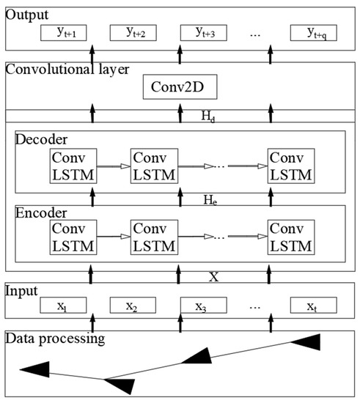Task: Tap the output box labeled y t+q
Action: coord(312,33)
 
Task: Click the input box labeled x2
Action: coord(133,305)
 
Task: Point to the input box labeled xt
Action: coord(313,305)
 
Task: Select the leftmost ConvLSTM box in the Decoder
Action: coord(72,166)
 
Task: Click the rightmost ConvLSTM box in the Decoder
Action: coord(290,166)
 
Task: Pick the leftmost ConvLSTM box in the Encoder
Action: coord(72,237)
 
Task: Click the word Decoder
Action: coord(40,139)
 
